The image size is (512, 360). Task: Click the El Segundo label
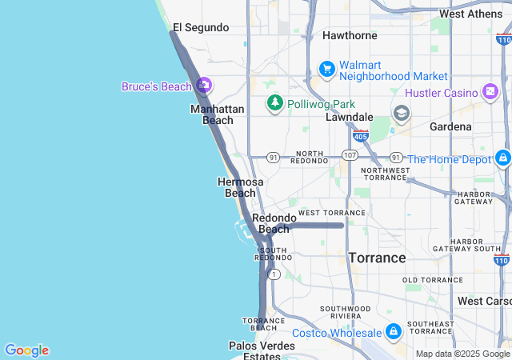pyautogui.click(x=201, y=27)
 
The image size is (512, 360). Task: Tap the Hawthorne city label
pyautogui.click(x=350, y=35)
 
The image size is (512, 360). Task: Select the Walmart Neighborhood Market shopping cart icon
pyautogui.click(x=326, y=70)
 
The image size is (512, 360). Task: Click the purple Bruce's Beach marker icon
pyautogui.click(x=203, y=85)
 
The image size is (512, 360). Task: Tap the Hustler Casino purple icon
pyautogui.click(x=490, y=93)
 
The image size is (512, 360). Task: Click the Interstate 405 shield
pyautogui.click(x=362, y=136)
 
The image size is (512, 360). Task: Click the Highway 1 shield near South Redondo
pyautogui.click(x=274, y=274)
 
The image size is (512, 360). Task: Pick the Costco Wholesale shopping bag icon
pyautogui.click(x=393, y=331)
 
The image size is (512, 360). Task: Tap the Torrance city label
pyautogui.click(x=377, y=258)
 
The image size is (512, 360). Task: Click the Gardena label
pyautogui.click(x=450, y=126)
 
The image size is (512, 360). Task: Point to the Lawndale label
pyautogui.click(x=350, y=117)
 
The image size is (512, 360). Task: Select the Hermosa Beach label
pyautogui.click(x=240, y=187)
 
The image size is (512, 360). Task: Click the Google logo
pyautogui.click(x=26, y=350)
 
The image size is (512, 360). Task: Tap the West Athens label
pyautogui.click(x=476, y=14)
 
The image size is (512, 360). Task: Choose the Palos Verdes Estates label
pyautogui.click(x=262, y=350)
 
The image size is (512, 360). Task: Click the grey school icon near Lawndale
pyautogui.click(x=401, y=113)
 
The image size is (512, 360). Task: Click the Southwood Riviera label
pyautogui.click(x=345, y=313)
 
